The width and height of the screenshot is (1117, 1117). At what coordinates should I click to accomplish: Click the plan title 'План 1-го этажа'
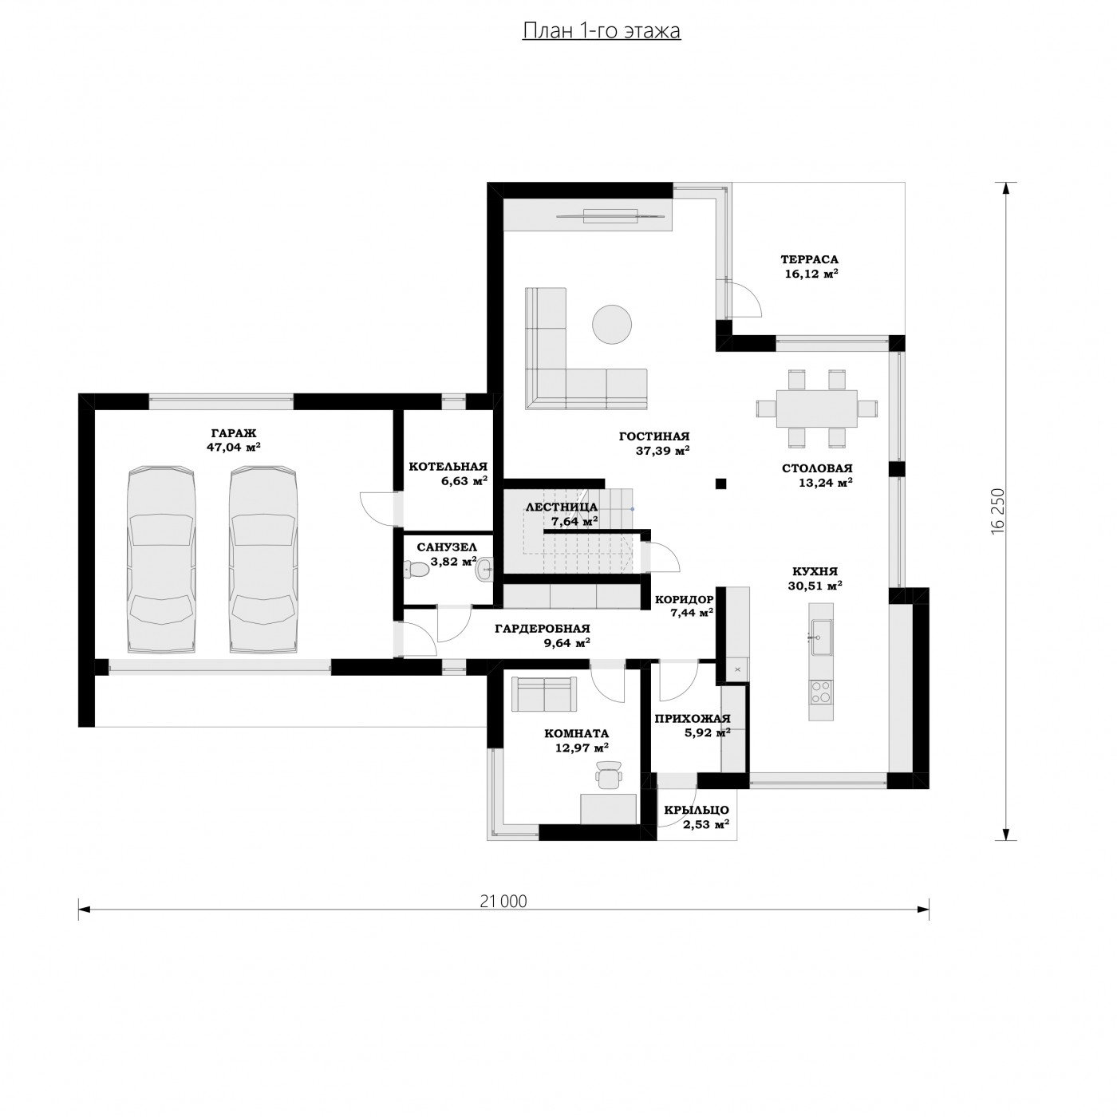click(x=601, y=31)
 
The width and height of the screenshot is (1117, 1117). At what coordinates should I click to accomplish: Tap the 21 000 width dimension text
click(x=503, y=902)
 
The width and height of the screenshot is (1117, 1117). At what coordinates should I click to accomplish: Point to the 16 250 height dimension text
click(x=997, y=511)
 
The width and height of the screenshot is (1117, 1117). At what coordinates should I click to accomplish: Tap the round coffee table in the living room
click(x=611, y=325)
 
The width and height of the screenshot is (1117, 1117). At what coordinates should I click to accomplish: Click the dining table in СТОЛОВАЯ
click(x=816, y=408)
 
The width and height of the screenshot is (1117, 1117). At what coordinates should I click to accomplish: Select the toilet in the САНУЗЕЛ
click(x=416, y=570)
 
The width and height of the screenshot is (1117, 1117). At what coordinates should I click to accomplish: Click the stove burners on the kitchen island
click(x=821, y=692)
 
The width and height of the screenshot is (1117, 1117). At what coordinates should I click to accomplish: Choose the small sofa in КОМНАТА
click(x=544, y=694)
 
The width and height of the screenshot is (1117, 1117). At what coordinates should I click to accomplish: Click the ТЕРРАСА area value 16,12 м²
click(x=811, y=274)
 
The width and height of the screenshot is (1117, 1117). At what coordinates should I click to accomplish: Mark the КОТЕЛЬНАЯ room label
click(x=448, y=467)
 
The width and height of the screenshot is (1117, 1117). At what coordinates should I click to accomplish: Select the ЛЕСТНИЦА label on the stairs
click(x=562, y=507)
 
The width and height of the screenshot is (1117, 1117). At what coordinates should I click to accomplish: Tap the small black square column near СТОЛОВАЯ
click(x=720, y=484)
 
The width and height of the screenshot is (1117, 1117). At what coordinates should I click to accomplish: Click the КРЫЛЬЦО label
click(x=697, y=810)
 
